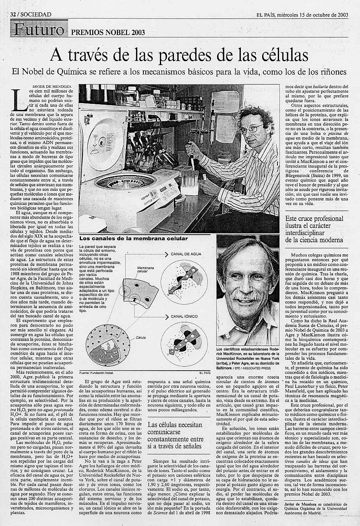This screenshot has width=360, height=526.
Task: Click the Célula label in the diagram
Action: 141,337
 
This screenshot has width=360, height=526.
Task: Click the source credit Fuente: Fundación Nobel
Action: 97,373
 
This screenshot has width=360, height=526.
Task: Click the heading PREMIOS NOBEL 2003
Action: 102,33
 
